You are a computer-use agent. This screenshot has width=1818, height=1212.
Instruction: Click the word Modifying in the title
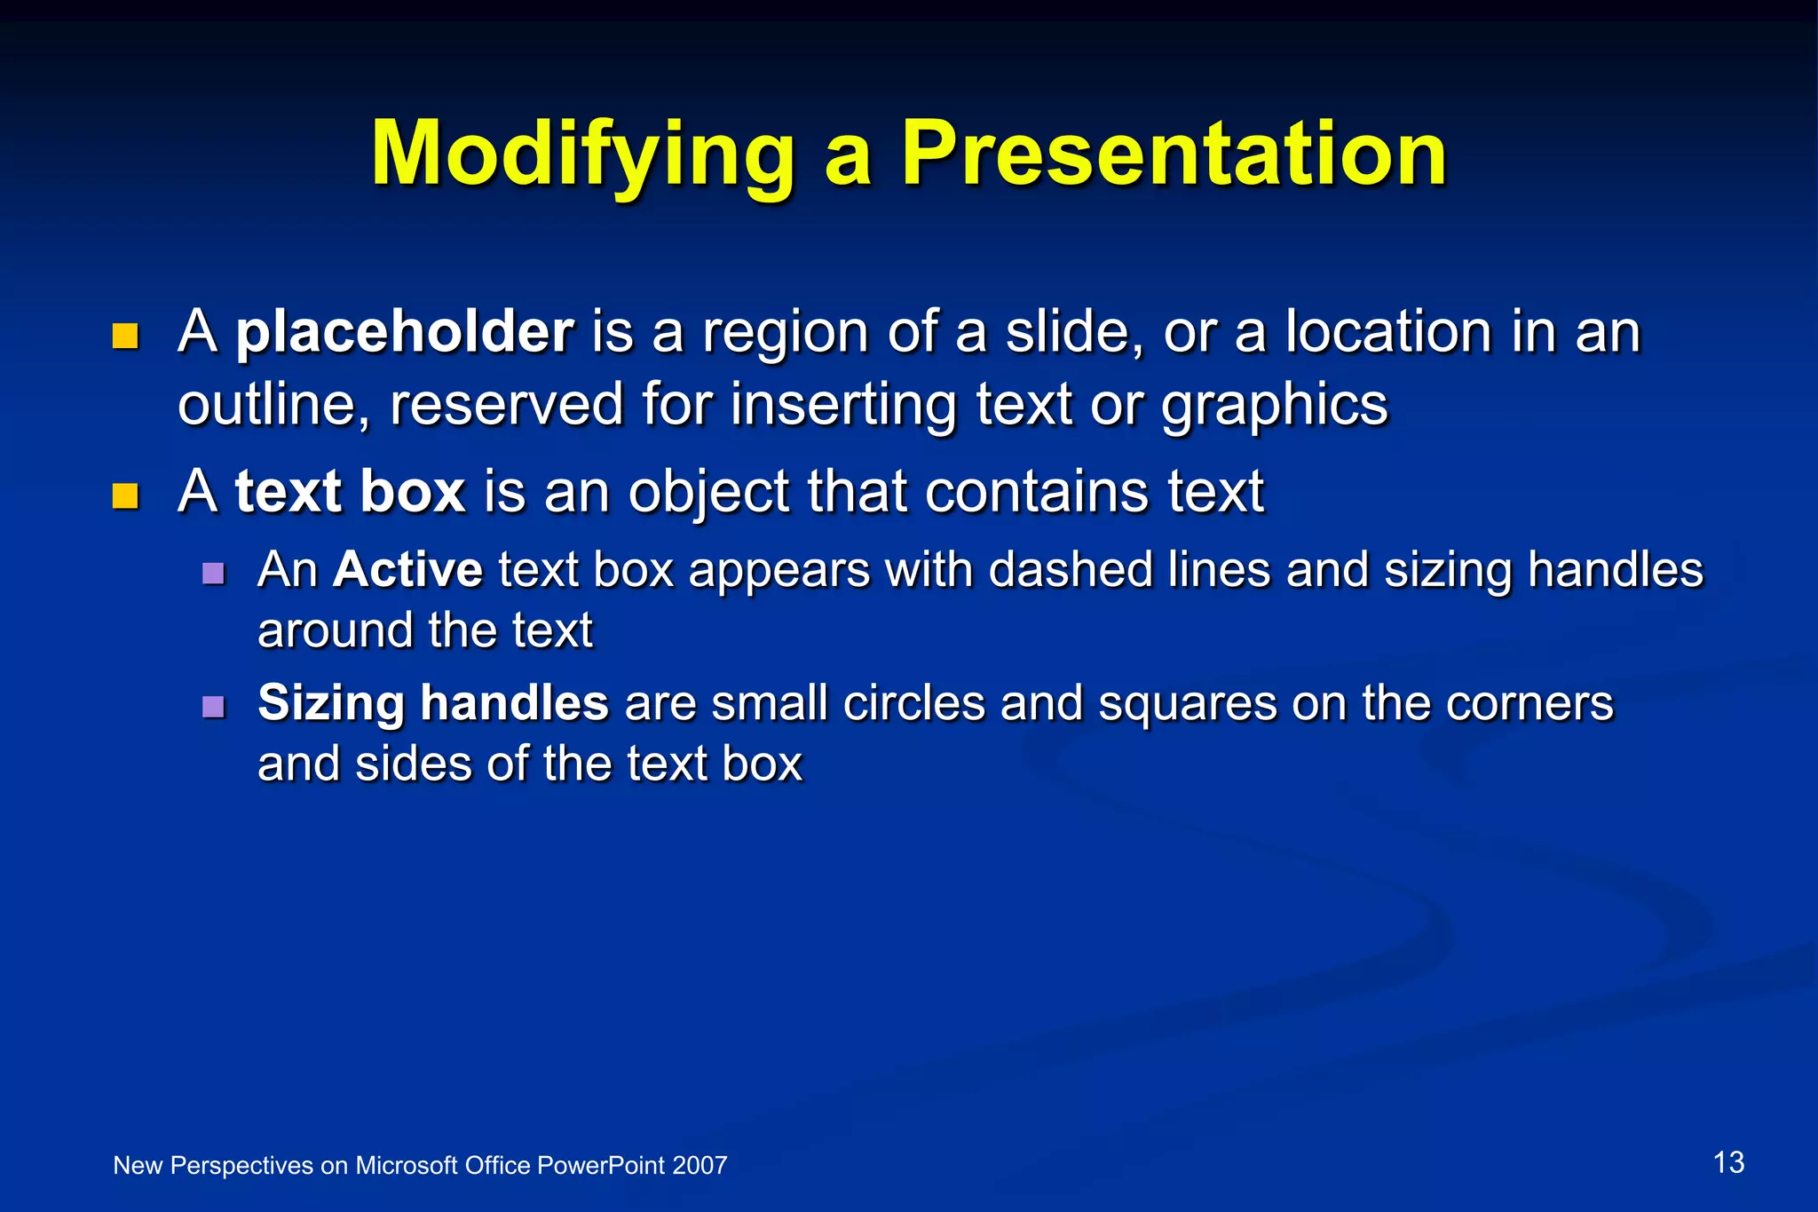(x=581, y=155)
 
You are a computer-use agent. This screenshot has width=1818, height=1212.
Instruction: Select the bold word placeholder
(x=405, y=332)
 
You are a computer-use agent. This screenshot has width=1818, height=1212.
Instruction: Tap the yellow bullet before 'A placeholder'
(x=125, y=337)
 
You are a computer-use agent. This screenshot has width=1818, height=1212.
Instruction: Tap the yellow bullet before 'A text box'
(x=125, y=495)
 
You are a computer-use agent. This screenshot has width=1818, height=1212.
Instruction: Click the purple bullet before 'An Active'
(x=213, y=573)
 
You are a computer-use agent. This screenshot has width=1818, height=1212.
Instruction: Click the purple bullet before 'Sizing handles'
(x=213, y=707)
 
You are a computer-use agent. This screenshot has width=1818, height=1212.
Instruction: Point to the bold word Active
(x=407, y=569)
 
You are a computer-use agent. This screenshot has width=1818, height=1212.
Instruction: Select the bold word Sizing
(x=331, y=704)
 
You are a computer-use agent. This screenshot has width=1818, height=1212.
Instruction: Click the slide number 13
(x=1728, y=1162)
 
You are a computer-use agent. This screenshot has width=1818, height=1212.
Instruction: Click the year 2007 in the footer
(x=700, y=1166)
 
